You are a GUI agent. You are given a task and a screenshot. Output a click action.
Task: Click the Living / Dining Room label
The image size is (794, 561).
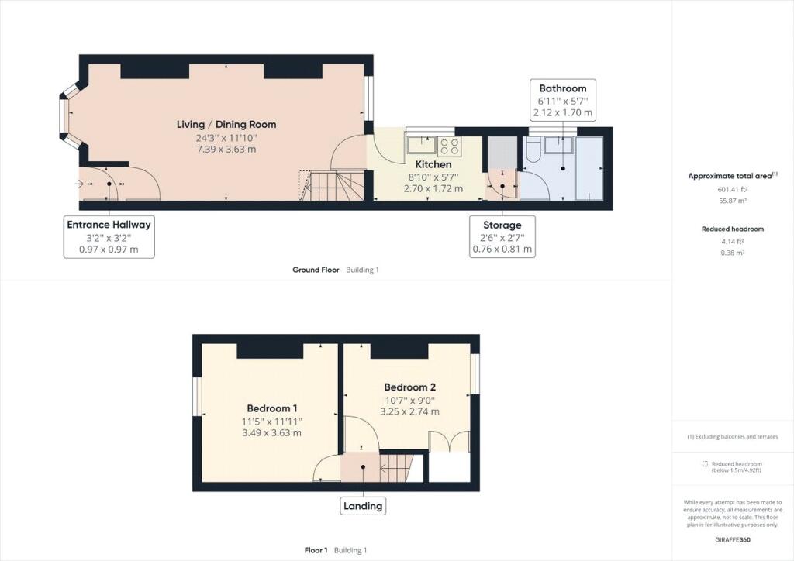pos(226,125)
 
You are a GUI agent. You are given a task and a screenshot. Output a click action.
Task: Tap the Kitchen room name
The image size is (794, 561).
pos(433,164)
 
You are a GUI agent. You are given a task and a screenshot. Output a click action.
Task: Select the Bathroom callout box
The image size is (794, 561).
pos(563,100)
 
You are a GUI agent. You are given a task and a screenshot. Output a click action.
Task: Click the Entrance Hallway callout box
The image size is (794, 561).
pos(109,237)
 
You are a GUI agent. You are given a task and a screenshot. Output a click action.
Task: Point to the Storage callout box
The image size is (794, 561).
pos(502,237)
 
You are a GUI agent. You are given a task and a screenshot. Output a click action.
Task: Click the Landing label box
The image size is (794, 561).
pos(363,506)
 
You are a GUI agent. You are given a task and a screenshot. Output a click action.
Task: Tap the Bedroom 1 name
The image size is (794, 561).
pos(272,408)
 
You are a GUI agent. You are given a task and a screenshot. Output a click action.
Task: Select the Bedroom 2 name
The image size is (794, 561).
pos(409,387)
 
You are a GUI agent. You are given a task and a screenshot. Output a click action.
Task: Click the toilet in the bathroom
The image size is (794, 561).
pos(533,150)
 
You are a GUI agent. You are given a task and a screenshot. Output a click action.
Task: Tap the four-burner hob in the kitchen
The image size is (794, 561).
pos(449,146)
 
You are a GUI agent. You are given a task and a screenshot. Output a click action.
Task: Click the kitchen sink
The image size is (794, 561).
pos(421,145)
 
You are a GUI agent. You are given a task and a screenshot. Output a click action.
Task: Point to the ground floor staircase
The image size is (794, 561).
pos(332,186)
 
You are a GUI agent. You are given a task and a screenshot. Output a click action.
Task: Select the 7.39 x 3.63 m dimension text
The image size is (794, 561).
pos(226,150)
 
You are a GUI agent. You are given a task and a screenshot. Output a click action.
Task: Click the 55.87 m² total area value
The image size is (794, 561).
pos(732,201)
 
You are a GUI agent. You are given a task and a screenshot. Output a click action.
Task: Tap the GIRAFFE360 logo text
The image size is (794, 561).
pos(733,539)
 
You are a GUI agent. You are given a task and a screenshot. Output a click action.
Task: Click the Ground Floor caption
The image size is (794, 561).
pos(316,270)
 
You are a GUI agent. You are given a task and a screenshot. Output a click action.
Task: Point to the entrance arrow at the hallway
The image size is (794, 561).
pos(79,184)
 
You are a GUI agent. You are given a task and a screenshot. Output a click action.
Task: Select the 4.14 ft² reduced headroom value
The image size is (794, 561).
pos(732,241)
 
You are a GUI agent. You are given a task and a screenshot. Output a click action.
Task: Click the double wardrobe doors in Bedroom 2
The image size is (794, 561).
pos(449,442)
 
